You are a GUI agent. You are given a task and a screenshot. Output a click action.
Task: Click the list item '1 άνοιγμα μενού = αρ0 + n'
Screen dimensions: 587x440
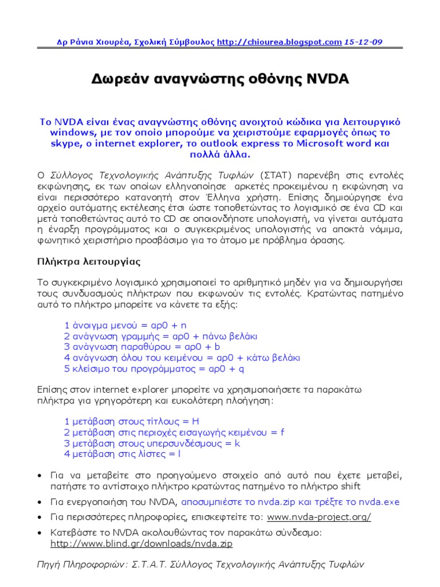pos(126,324)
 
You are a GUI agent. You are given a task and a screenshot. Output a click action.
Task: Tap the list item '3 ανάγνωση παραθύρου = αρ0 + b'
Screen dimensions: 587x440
pos(142,347)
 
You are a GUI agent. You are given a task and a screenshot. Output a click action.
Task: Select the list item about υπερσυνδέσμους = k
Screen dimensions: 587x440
pos(152,443)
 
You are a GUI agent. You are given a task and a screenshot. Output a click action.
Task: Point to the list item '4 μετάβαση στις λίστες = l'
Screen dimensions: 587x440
pos(122,454)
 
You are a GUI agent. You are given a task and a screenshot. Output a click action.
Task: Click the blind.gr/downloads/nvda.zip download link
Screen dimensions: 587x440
pos(142,543)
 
